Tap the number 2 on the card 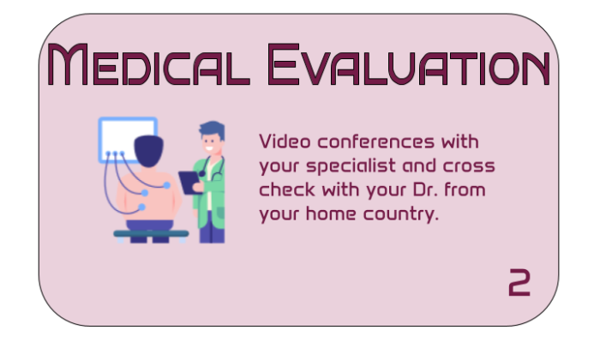click(519, 282)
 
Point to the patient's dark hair click(148, 152)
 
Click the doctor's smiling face click(211, 141)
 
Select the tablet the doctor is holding click(188, 182)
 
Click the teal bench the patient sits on click(151, 232)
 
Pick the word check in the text click(284, 189)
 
